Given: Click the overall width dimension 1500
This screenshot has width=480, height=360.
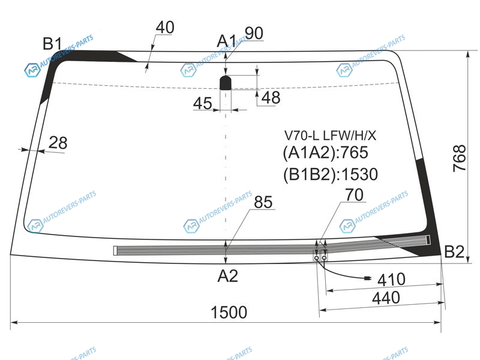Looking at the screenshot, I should point(229,312).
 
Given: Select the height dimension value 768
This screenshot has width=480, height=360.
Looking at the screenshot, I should point(459,159).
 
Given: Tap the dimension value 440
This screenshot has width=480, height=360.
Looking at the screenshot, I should point(389,298).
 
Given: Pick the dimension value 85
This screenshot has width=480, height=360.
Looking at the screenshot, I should point(263,203).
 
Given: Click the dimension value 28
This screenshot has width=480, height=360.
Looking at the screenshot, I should point(58,143).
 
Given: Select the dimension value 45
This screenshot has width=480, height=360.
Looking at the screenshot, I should point(202,104).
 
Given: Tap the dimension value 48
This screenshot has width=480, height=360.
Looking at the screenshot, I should point(271,98).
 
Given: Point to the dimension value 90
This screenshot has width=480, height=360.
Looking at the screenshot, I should point(253,34).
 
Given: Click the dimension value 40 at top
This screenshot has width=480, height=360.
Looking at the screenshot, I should point(164,28).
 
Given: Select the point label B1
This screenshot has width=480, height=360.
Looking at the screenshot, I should point(52,43).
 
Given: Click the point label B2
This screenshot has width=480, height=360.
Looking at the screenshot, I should point(454,253).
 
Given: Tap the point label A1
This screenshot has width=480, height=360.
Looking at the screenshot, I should point(226,41).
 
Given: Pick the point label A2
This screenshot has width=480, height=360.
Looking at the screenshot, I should point(227,276).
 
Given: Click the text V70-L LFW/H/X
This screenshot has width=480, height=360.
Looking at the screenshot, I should point(330,136).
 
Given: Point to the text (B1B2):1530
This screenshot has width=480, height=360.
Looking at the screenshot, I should point(330,175).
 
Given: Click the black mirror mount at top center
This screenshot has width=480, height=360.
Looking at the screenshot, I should point(226,82).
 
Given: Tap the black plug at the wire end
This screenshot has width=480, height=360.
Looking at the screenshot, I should point(367,278).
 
